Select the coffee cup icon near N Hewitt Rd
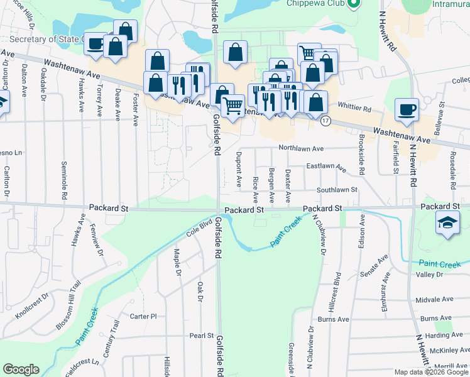click(x=407, y=110)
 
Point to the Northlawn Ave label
click(x=302, y=149)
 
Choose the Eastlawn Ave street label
click(x=326, y=167)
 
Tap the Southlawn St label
click(x=337, y=189)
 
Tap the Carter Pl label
click(x=143, y=317)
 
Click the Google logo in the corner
click(x=21, y=369)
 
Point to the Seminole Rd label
click(x=64, y=183)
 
